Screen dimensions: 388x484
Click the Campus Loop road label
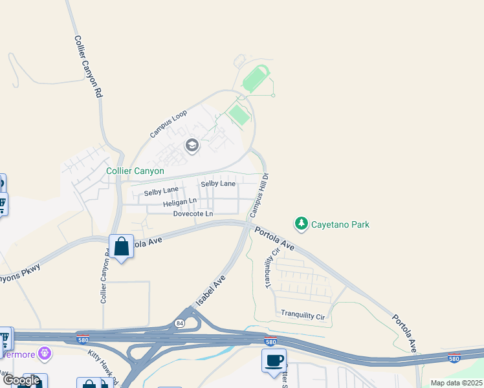point(168,124)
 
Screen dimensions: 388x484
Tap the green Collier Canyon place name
point(135,171)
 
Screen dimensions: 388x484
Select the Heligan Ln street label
point(179,202)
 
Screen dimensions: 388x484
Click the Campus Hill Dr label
point(259,194)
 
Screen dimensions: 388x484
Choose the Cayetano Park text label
point(340,224)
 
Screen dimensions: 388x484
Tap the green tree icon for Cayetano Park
point(301,224)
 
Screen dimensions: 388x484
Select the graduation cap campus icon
point(192,145)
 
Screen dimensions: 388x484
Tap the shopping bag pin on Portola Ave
point(121,246)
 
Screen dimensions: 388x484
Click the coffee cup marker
point(274,360)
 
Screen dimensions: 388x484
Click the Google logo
point(21,380)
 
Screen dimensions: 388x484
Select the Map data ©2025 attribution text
point(456,383)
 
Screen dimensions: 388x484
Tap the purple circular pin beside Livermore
point(44,353)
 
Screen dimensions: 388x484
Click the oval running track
point(256,80)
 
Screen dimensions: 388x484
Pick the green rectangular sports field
point(239,115)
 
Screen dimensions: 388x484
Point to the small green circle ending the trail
point(273,96)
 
